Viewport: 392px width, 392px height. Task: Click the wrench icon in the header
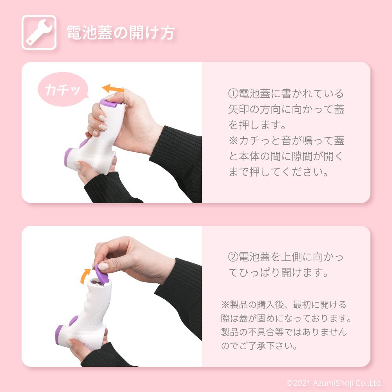click(39, 32)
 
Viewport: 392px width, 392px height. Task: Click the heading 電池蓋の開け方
click(121, 33)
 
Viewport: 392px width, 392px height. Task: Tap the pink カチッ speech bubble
click(63, 89)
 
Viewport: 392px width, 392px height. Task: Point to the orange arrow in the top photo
click(113, 88)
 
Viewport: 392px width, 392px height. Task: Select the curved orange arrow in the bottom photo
click(85, 276)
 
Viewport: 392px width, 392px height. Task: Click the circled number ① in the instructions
click(233, 94)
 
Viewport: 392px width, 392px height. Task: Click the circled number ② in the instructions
click(233, 257)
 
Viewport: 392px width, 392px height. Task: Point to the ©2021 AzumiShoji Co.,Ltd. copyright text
click(334, 383)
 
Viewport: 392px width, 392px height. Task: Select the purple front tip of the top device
click(68, 157)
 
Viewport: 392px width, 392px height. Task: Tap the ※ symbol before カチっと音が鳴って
click(233, 140)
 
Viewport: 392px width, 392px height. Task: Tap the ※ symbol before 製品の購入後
click(225, 305)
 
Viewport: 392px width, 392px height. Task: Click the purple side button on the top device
click(83, 143)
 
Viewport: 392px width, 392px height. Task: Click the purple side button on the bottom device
click(74, 320)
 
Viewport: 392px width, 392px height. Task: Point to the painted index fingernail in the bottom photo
click(103, 267)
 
